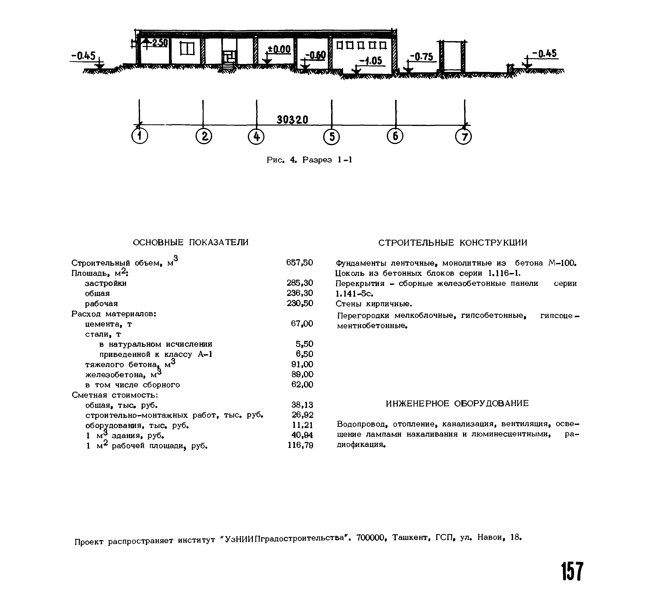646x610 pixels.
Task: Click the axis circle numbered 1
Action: (140, 136)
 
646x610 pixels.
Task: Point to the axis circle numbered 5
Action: (332, 137)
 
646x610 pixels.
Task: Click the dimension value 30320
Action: (292, 120)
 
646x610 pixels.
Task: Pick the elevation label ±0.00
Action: (279, 49)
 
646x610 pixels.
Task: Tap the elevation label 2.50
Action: (159, 43)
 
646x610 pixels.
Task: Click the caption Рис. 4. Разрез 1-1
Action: (309, 160)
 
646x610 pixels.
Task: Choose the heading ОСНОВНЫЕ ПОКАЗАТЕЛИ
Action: (191, 242)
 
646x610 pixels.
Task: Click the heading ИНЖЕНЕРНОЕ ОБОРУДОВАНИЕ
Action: (457, 403)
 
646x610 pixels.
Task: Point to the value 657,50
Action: (299, 262)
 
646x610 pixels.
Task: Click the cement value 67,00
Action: (302, 324)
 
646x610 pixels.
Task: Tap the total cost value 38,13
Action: (302, 405)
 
